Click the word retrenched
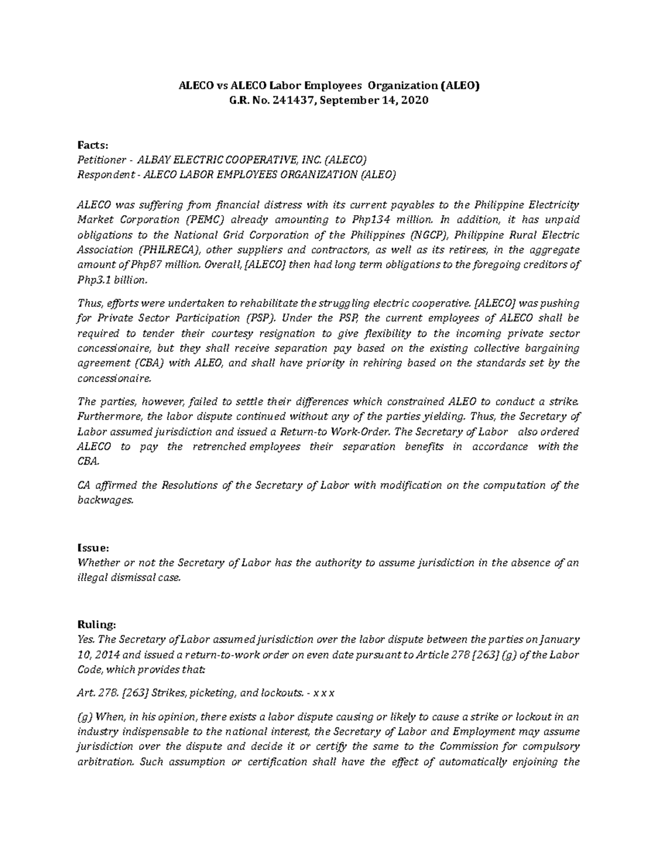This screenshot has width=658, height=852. (x=219, y=446)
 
